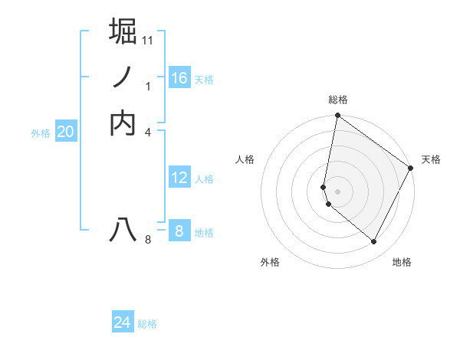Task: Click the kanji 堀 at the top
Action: coord(123,31)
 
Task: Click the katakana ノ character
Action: coord(123,77)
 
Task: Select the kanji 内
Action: coord(123,123)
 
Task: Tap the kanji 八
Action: coord(123,230)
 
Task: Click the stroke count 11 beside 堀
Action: coord(148,40)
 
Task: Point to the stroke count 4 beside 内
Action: coord(148,132)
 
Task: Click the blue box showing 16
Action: coord(179,78)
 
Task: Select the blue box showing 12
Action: coord(179,178)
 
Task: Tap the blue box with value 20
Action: coord(65,132)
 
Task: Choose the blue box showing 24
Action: coord(123,322)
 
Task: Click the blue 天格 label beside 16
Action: coord(204,80)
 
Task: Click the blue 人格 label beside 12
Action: coord(204,179)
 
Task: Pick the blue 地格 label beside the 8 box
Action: coord(204,233)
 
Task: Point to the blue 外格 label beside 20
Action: coord(41,133)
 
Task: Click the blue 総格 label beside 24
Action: coord(147,324)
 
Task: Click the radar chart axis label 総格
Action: coord(338,100)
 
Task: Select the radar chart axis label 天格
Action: coord(431,159)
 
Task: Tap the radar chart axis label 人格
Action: coord(245,159)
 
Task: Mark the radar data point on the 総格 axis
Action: coord(337,116)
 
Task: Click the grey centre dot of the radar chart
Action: coord(337,191)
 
